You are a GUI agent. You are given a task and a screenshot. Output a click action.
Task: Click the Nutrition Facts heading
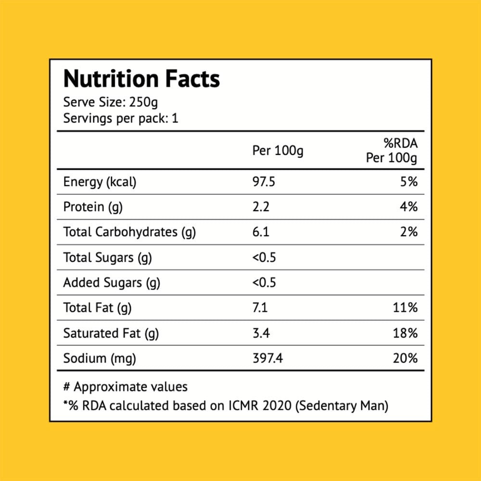(141, 79)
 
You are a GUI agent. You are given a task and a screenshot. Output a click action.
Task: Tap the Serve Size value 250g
(143, 102)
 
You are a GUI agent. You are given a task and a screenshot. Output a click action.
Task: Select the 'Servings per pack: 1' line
(121, 118)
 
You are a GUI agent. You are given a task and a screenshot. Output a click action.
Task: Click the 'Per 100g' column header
(278, 151)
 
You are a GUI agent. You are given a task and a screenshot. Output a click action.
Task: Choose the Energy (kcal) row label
(100, 182)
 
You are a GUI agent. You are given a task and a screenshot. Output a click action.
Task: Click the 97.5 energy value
(264, 182)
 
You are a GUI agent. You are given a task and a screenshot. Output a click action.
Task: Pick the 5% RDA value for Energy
(408, 182)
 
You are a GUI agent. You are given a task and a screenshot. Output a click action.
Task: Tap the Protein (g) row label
(93, 207)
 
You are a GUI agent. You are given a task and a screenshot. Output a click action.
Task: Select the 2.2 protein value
(261, 207)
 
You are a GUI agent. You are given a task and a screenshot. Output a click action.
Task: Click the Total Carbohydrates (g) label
(129, 232)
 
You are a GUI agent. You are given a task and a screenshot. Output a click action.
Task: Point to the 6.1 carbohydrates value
(261, 232)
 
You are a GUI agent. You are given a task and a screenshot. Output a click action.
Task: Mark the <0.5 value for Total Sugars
(264, 257)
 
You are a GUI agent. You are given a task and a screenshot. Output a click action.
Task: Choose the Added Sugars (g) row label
(112, 283)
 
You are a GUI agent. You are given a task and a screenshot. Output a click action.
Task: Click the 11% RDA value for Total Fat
(405, 308)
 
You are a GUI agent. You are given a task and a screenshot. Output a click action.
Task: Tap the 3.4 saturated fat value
(261, 333)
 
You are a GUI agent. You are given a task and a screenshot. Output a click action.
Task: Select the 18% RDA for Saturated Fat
(405, 333)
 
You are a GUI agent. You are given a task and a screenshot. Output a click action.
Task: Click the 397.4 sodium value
(267, 358)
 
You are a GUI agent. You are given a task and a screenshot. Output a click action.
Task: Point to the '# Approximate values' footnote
(126, 387)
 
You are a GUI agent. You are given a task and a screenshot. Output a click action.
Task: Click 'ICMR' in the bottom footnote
(243, 405)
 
